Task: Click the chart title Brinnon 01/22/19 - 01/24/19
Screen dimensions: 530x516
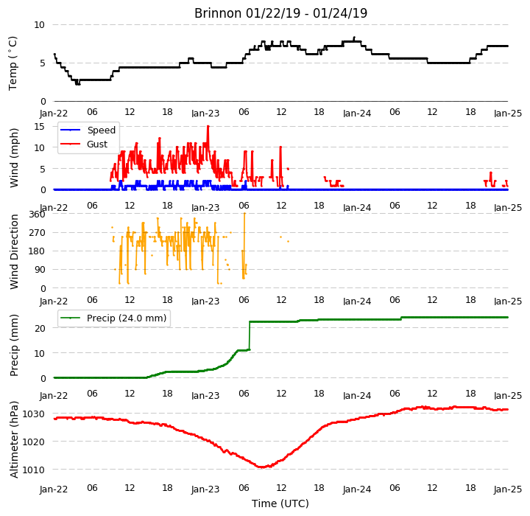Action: (280, 13)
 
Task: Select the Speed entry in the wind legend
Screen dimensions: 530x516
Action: (102, 130)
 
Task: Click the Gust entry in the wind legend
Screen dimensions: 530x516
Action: (97, 144)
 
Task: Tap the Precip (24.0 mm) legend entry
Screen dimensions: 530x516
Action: (127, 318)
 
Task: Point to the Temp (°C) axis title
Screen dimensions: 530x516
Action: (13, 63)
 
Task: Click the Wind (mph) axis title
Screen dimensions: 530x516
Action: (14, 158)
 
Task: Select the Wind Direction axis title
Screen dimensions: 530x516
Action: (14, 251)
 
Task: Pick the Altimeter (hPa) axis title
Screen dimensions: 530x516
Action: (14, 439)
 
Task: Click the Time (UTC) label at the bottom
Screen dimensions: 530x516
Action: (280, 503)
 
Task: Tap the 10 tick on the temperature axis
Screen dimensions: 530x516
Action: (39, 25)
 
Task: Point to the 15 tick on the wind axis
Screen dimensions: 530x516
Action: (39, 127)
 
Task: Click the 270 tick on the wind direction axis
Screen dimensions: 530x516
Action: (38, 233)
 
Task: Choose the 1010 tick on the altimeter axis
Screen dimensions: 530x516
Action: (33, 470)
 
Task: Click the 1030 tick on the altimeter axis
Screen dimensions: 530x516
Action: (33, 414)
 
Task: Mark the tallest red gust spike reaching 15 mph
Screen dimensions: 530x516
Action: (208, 127)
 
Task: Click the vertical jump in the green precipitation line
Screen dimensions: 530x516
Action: (250, 335)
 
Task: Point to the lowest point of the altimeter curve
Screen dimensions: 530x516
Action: (262, 467)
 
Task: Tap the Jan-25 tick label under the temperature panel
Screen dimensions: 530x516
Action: (508, 113)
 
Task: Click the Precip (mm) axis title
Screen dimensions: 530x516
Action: (14, 346)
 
